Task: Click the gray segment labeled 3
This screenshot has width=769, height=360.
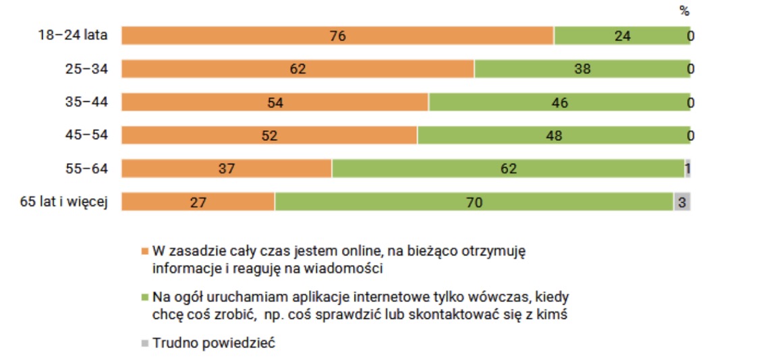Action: (683, 202)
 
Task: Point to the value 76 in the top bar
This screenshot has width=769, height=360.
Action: (337, 36)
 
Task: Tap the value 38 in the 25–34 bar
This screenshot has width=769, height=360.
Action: (582, 69)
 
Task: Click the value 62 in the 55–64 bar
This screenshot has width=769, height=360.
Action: (509, 169)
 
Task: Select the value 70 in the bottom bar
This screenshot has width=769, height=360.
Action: (474, 202)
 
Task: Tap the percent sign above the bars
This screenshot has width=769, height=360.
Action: (685, 11)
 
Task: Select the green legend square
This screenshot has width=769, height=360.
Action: (144, 297)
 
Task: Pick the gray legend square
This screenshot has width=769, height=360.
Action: (144, 343)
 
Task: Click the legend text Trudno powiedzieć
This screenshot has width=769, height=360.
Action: (215, 343)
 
